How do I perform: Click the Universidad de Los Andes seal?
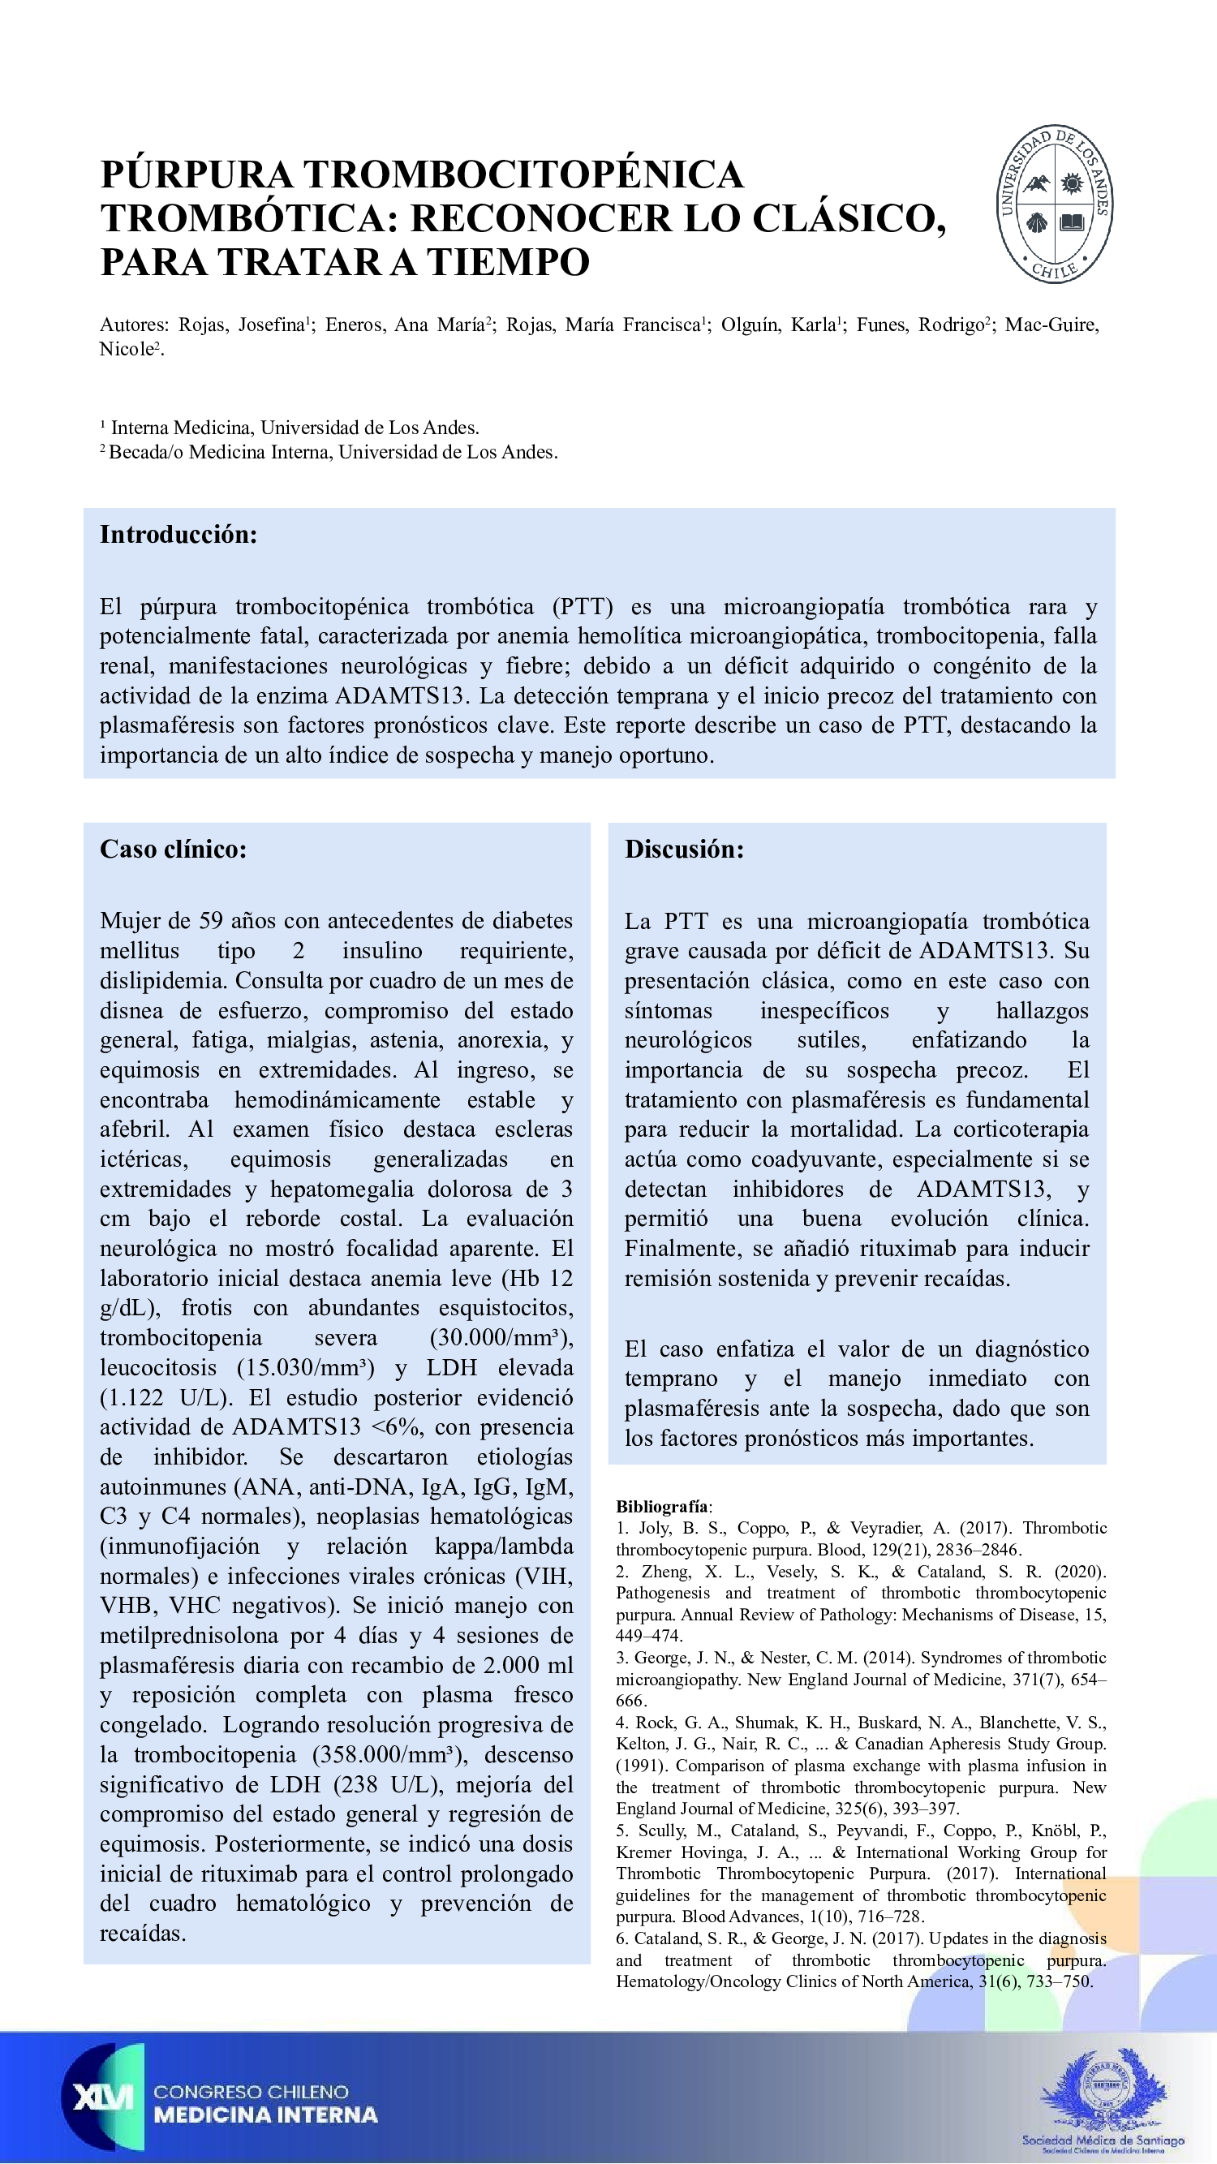click(1055, 204)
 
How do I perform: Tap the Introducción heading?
click(178, 534)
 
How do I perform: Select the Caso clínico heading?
click(173, 849)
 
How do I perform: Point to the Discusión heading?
click(684, 849)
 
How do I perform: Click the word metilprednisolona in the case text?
click(189, 1636)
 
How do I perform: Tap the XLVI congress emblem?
click(103, 2097)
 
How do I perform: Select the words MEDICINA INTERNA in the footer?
click(265, 2115)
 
